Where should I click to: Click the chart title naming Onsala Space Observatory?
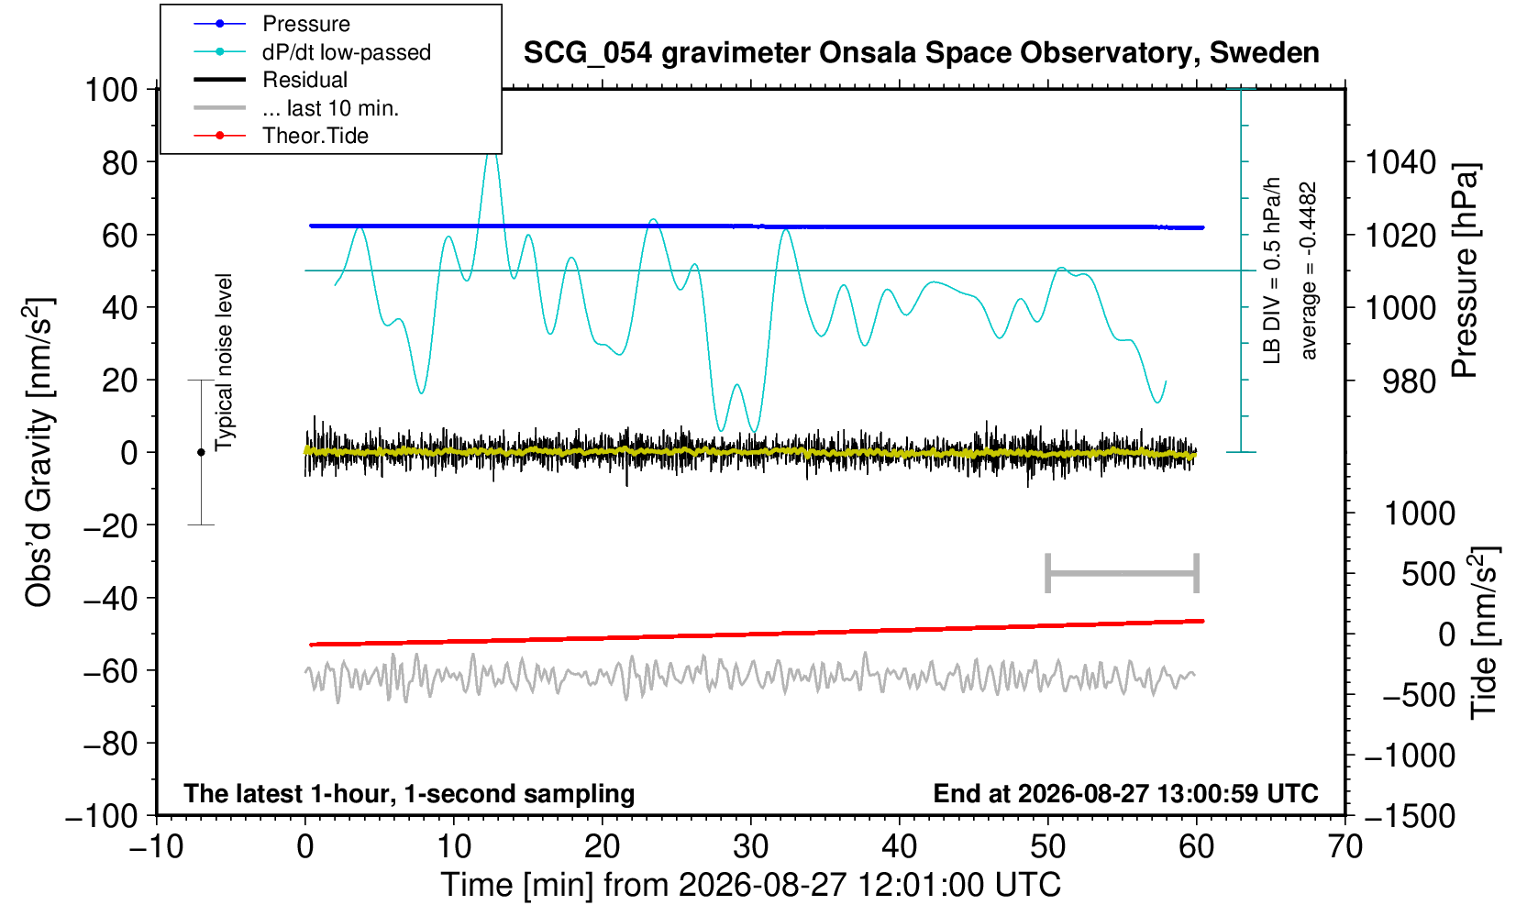(x=921, y=53)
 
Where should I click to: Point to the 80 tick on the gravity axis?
(x=119, y=162)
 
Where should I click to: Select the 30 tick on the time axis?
(x=750, y=846)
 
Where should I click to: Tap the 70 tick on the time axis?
(x=1344, y=846)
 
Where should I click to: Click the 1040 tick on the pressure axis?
(x=1400, y=162)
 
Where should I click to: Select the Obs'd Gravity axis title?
(x=39, y=452)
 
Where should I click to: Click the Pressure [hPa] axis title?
(x=1466, y=270)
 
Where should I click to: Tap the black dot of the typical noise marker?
(x=201, y=452)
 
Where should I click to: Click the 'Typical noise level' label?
(x=224, y=363)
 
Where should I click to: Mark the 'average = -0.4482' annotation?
(x=1308, y=270)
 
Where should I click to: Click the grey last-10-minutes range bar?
(x=1123, y=573)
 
